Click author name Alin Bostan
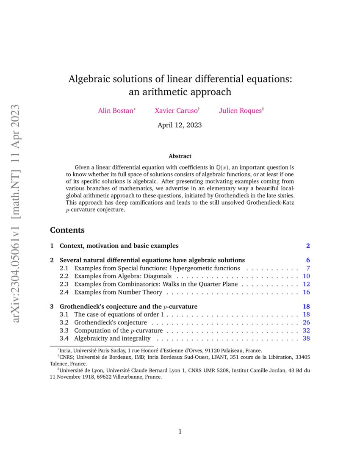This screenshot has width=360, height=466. tap(116, 111)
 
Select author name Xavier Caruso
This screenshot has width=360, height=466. tap(176, 111)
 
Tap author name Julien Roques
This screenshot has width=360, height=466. tap(240, 111)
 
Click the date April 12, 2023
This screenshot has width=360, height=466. tap(180, 125)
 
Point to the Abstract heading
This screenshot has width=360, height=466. tap(180, 156)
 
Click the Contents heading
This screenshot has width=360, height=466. tap(67, 230)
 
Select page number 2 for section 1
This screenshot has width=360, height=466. tap(308, 246)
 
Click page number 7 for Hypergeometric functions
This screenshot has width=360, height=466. tap(308, 268)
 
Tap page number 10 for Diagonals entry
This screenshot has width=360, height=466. tap(307, 276)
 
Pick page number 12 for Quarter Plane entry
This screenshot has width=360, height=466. tap(307, 284)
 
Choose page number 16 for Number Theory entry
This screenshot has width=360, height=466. tap(307, 292)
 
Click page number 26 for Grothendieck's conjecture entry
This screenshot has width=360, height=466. tap(307, 322)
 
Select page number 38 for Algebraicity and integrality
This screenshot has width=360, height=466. tap(307, 338)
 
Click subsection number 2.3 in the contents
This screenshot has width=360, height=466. tap(64, 284)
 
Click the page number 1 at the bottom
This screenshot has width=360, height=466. tap(180, 432)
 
